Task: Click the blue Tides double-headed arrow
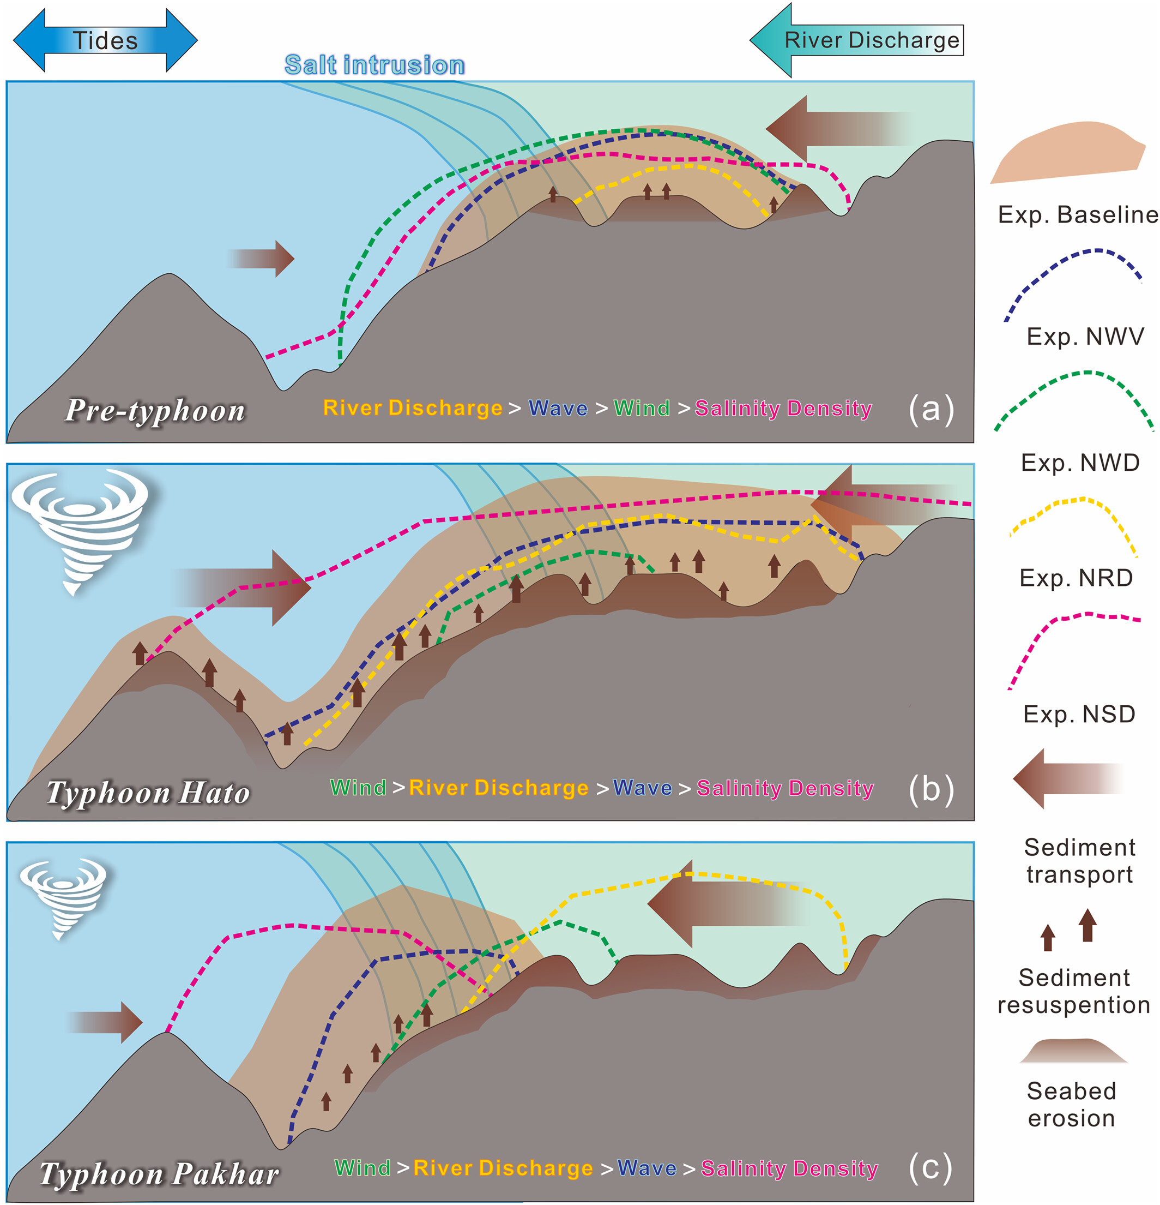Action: click(x=105, y=40)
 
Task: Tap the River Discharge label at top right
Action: click(x=871, y=40)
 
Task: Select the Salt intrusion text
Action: click(x=374, y=65)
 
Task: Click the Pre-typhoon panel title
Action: click(x=155, y=411)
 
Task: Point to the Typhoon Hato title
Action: click(x=148, y=793)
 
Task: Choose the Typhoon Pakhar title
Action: click(x=159, y=1174)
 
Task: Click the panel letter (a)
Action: click(x=931, y=408)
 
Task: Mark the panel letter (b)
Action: click(x=931, y=789)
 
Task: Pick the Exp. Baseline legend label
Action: click(x=1078, y=214)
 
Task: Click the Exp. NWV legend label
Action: click(x=1085, y=336)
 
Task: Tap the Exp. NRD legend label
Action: click(x=1076, y=578)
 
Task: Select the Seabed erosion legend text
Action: click(x=1072, y=1104)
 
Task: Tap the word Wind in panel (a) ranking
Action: click(x=642, y=408)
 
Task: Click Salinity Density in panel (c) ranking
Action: click(x=789, y=1169)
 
